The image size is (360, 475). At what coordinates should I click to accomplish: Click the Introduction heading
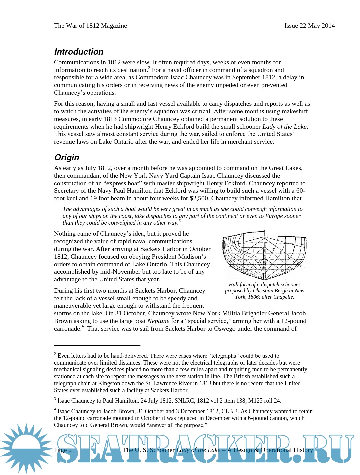click(x=79, y=52)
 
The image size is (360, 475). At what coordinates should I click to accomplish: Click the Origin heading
click(x=67, y=157)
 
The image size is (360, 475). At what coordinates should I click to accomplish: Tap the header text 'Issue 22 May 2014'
click(x=309, y=26)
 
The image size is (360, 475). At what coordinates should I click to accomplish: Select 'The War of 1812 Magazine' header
click(x=90, y=26)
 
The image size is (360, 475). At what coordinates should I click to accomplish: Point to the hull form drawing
click(x=264, y=255)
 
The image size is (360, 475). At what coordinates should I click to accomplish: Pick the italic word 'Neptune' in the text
click(x=158, y=321)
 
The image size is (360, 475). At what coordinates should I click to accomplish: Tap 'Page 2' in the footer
click(x=63, y=450)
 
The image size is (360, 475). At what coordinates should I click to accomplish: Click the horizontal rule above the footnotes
click(x=97, y=346)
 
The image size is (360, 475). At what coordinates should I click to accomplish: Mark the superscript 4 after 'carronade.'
click(x=83, y=327)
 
